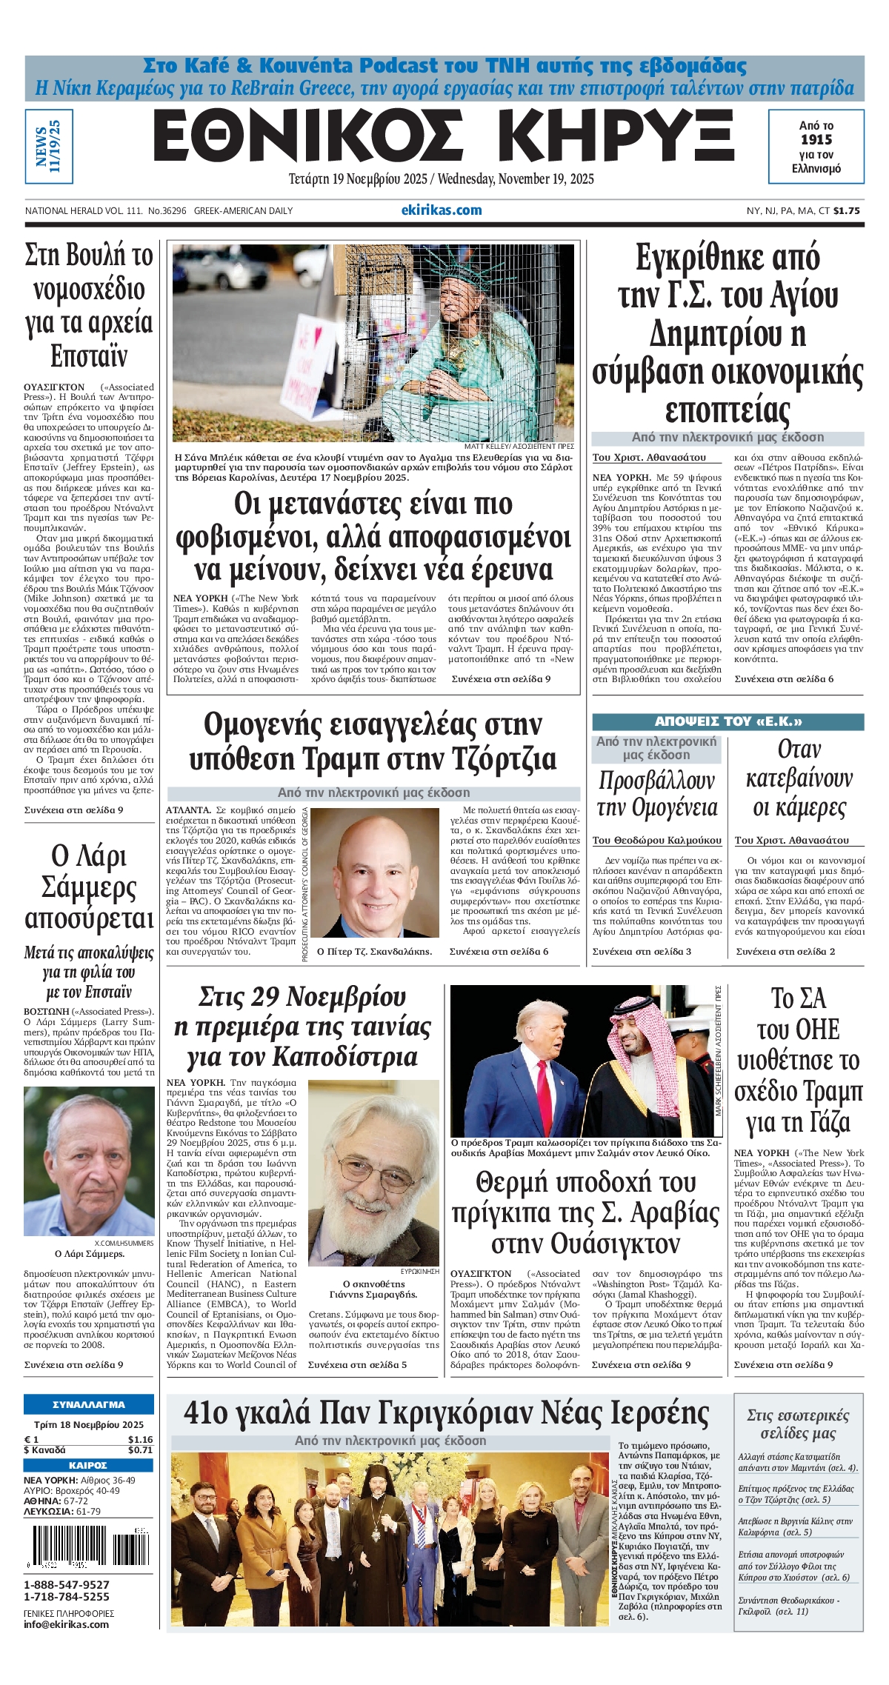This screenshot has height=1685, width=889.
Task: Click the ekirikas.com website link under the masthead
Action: [442, 210]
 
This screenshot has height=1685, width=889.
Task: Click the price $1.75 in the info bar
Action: [847, 211]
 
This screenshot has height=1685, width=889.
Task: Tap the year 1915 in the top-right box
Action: [816, 139]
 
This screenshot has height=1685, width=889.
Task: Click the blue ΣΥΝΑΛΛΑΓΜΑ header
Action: [89, 1404]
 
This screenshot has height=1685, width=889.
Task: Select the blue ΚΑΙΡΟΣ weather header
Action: [89, 1465]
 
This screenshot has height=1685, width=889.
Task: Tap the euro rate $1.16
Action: [140, 1440]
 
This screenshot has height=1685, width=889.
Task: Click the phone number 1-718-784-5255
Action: [67, 1597]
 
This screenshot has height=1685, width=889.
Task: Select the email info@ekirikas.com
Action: [67, 1624]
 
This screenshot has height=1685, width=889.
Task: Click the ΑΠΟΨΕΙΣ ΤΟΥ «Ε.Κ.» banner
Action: [727, 721]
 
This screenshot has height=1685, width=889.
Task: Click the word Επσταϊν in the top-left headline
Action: [89, 357]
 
